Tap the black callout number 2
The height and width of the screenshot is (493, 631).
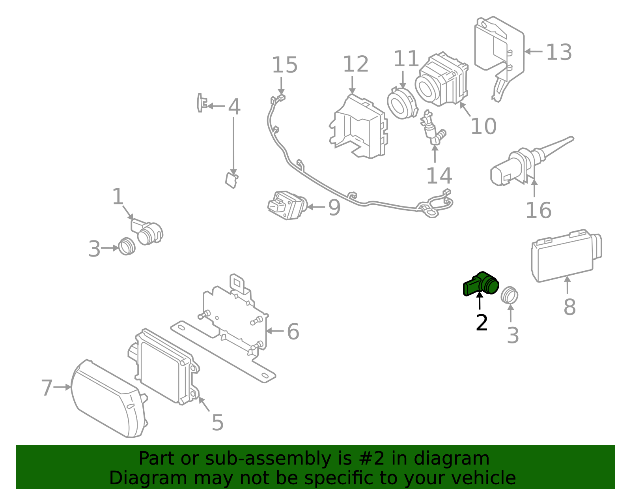[x=482, y=323]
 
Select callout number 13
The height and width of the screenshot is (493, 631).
[x=559, y=52]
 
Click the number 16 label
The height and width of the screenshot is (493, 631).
[x=538, y=210]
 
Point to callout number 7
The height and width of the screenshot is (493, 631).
[x=47, y=388]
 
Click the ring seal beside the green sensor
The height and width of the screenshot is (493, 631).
[x=510, y=295]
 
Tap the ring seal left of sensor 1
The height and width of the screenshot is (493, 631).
[x=127, y=246]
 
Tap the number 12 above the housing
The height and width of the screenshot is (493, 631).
[x=356, y=64]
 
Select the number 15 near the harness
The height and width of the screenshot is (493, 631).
[x=285, y=65]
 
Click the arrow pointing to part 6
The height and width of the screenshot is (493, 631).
[x=275, y=331]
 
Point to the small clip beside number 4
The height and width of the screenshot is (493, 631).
[x=202, y=103]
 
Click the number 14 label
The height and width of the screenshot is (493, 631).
[x=439, y=176]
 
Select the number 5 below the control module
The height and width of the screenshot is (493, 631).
[x=218, y=423]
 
